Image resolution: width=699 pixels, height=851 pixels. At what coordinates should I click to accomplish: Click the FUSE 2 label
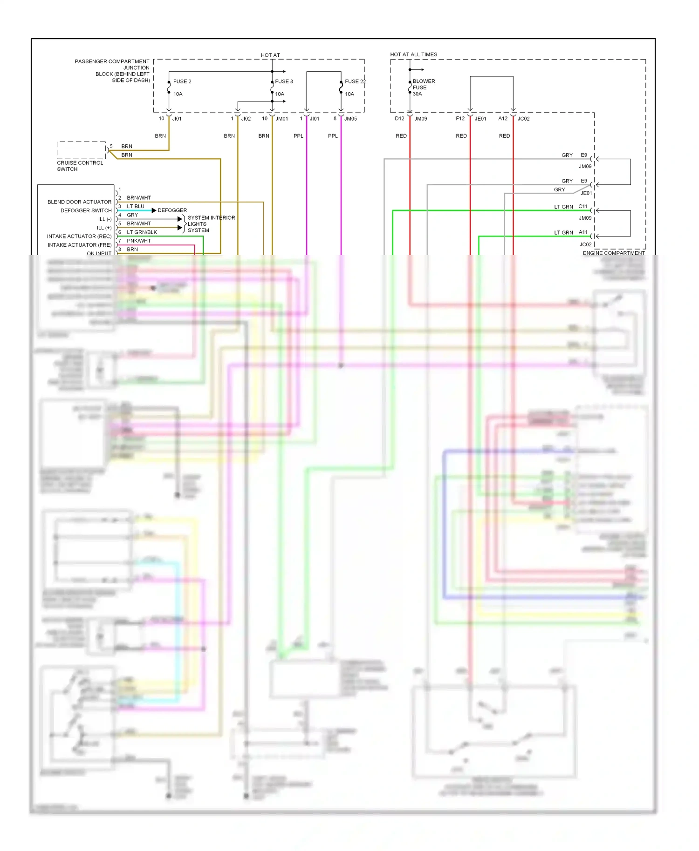coord(182,81)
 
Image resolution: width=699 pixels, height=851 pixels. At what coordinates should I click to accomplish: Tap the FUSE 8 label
coord(284,81)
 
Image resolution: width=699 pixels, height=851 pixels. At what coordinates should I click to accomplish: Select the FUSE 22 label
coord(355,81)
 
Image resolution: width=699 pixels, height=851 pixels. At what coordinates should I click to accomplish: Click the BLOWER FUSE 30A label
coord(423,88)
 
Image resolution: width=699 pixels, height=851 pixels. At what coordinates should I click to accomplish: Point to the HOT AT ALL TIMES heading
coord(413,54)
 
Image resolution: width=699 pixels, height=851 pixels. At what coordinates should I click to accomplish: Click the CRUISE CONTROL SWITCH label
coord(80,166)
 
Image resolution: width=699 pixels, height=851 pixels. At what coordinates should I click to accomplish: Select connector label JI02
coord(246,119)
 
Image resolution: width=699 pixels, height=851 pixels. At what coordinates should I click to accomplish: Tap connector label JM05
coord(350,119)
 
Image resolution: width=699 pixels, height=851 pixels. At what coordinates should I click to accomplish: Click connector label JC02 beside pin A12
coord(523,119)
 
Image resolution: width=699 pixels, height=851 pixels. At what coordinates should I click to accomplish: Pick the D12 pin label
coord(399,119)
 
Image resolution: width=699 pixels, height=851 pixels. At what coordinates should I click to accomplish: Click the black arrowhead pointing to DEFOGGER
coord(154,210)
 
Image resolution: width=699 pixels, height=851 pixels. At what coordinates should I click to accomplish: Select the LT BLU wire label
coord(136,206)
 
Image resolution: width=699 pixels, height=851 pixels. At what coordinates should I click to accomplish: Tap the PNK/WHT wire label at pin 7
coord(139,241)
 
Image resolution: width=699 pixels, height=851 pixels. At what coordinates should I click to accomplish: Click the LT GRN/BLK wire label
coord(142,232)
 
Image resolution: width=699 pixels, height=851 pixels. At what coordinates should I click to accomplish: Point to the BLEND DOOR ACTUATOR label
coord(79,202)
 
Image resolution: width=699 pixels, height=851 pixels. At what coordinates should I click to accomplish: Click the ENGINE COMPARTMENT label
coord(614,253)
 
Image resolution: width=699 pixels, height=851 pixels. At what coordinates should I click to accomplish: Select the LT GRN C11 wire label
coord(563,207)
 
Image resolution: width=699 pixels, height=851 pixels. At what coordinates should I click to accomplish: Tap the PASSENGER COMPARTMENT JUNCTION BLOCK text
coord(112,71)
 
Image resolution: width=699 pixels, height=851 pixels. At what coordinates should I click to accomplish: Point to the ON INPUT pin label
coord(99,254)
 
